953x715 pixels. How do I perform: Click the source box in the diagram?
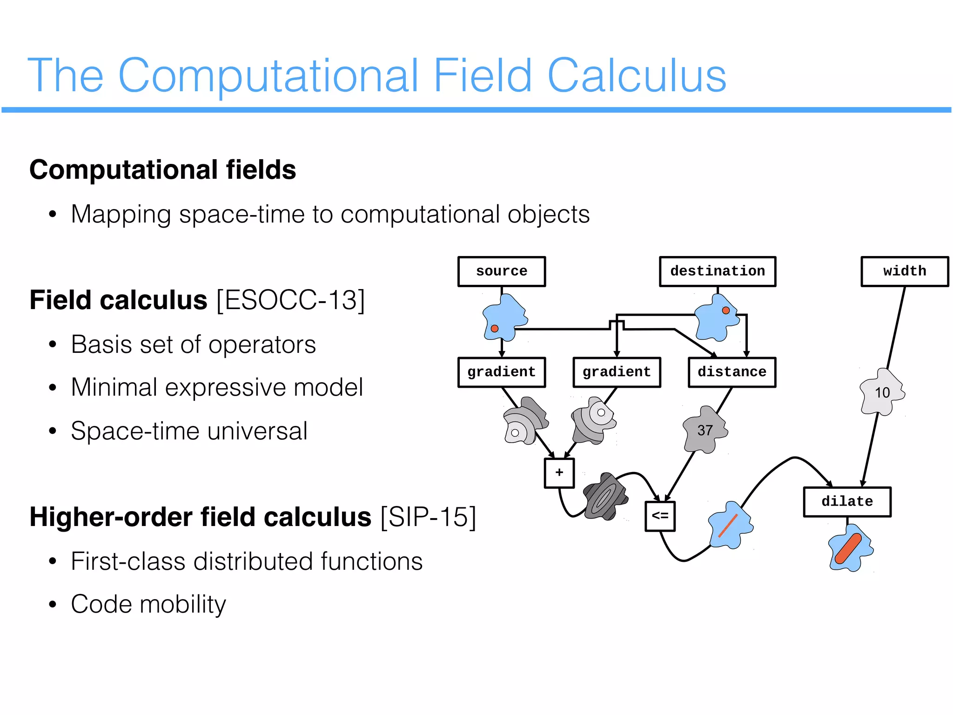(501, 271)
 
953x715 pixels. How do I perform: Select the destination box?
(717, 271)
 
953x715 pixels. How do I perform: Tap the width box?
(904, 271)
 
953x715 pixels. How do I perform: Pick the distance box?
(732, 372)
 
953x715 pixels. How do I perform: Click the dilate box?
(847, 502)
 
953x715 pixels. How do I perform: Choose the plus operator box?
(559, 473)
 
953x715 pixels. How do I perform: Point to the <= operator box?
(660, 516)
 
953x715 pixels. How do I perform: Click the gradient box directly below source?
(501, 372)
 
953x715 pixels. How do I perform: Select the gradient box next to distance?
(617, 372)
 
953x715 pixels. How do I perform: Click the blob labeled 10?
(882, 392)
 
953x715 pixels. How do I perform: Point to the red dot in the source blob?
(495, 329)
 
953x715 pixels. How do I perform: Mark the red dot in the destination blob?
(725, 310)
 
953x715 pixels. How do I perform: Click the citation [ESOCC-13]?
(291, 300)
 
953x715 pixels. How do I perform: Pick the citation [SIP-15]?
(428, 517)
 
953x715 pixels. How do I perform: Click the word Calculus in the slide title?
(637, 75)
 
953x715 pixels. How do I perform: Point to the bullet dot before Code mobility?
(53, 605)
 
